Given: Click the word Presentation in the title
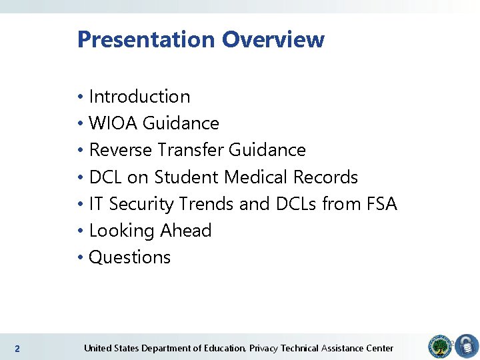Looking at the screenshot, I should pos(147,40).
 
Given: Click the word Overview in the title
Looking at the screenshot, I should pos(273,40).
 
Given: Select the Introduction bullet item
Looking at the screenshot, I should pos(139,97).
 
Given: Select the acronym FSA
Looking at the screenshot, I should pos(382,204).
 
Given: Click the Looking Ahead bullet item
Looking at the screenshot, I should pos(150,231).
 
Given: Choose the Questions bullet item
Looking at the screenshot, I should pos(130,257).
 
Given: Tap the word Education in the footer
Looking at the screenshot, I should pos(225,348).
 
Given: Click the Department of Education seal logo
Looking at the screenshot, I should pos(439,345).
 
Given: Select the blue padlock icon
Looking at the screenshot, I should pos(467,347).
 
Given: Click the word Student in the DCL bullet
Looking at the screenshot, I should pos(187,177).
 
